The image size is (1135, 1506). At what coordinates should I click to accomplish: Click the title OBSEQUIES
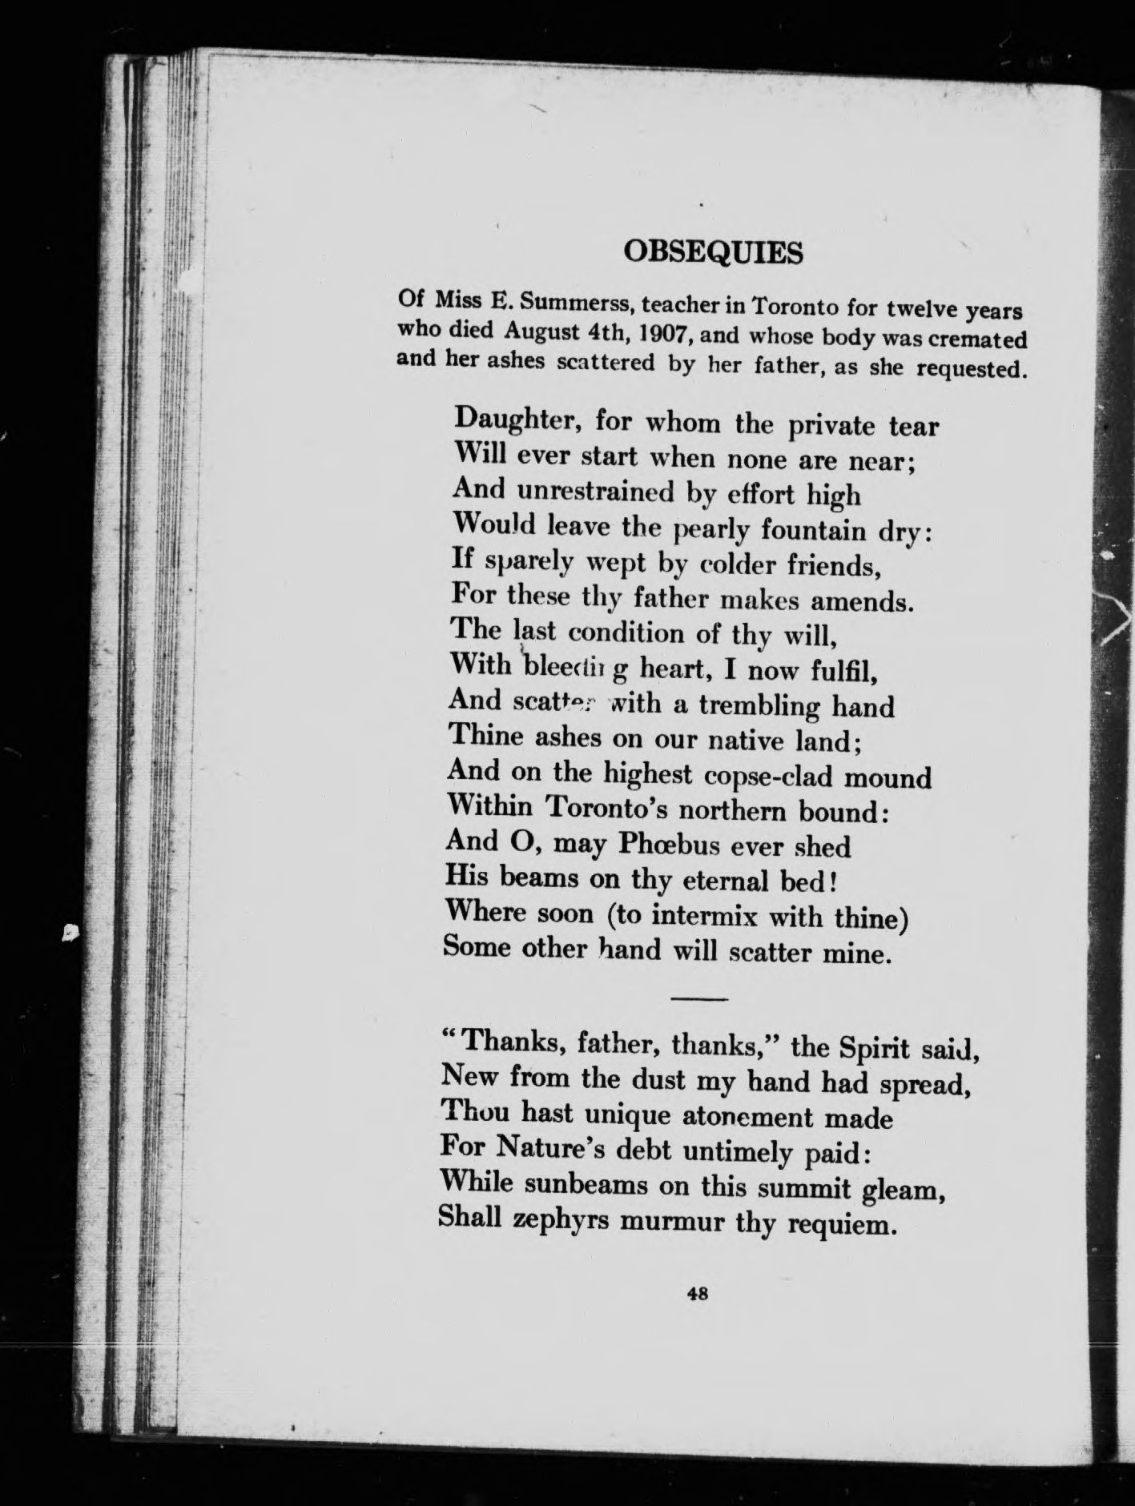712,252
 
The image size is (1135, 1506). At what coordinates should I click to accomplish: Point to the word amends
866,601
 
